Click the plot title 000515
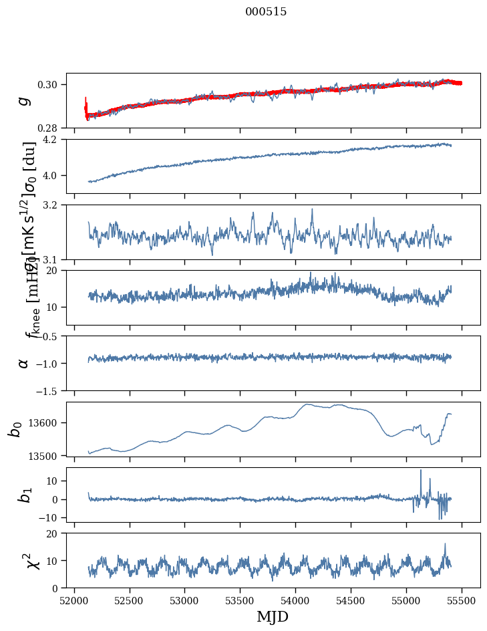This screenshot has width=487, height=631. [266, 12]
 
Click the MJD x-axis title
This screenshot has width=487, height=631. [273, 616]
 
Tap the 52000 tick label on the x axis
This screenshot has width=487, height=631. [74, 600]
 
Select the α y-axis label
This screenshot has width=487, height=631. [23, 363]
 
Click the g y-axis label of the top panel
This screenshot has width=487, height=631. [23, 100]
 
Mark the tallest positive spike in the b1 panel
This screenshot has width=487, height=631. [421, 471]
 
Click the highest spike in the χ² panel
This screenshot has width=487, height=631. [445, 544]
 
